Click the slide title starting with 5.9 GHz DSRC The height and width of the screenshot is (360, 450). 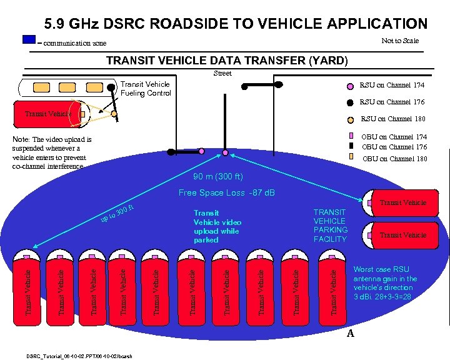click(236, 24)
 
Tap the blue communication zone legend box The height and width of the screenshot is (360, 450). click(29, 39)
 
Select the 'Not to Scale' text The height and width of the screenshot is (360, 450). click(400, 41)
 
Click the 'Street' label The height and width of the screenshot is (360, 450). click(222, 74)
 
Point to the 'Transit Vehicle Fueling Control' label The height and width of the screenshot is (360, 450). click(146, 89)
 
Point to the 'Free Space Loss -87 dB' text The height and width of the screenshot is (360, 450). click(227, 192)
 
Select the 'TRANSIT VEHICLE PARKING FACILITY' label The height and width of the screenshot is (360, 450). click(330, 226)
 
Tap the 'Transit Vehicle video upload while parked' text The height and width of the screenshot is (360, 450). click(217, 226)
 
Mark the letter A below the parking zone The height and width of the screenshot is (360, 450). click(351, 334)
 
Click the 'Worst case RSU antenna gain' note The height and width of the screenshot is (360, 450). click(385, 279)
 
